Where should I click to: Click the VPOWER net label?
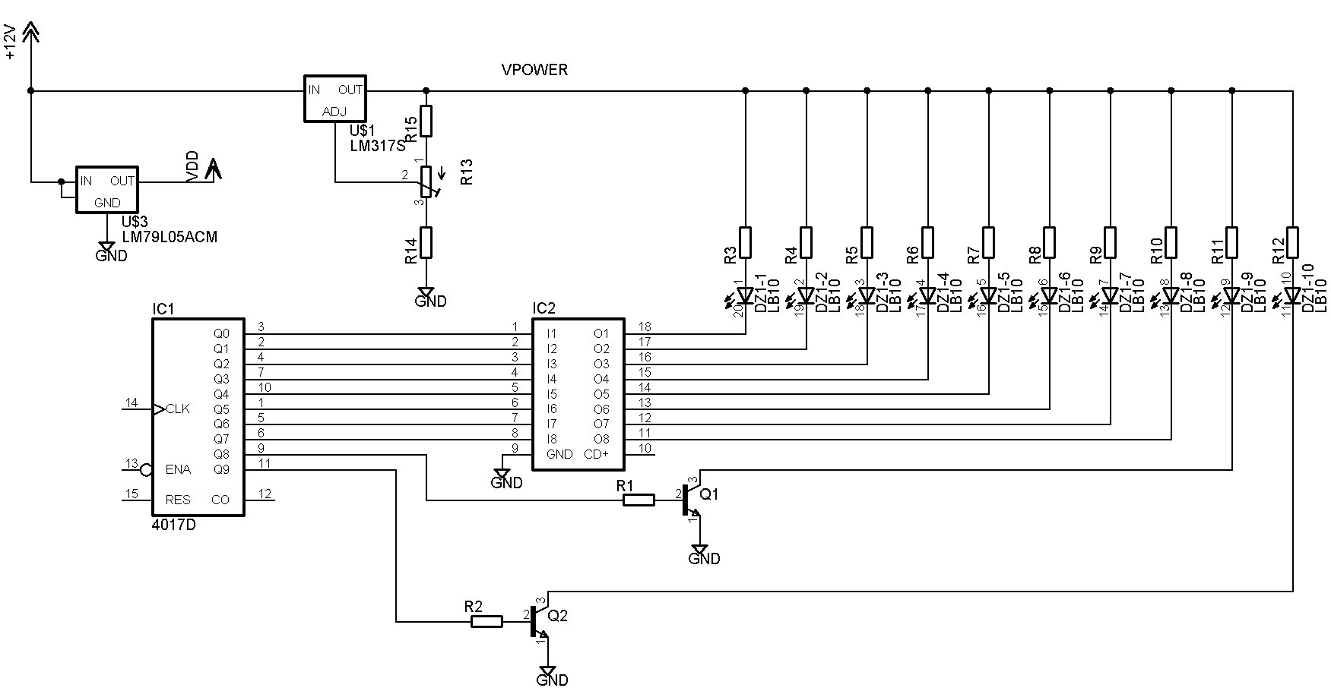point(534,70)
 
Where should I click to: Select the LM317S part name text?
point(378,144)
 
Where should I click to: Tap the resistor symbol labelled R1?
point(639,500)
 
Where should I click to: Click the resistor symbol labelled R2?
point(486,621)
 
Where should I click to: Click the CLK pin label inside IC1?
point(178,409)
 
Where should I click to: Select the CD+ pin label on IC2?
point(596,454)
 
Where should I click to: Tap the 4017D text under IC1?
point(174,525)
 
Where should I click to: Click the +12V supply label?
point(10,42)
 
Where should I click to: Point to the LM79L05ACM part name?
point(170,237)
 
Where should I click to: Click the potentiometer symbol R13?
point(426,182)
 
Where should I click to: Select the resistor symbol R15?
point(426,121)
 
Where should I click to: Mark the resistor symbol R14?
point(426,242)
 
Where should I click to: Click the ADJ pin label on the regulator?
point(334,112)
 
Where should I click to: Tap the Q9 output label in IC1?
point(221,469)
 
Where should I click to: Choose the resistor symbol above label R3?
point(746,242)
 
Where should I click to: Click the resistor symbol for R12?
point(1293,242)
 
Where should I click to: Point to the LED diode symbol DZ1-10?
point(1293,295)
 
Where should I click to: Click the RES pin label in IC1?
point(178,500)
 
